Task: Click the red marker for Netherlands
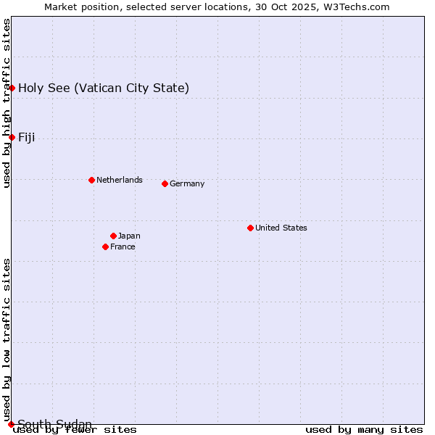coord(91,180)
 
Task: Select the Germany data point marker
coord(165,183)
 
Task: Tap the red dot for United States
coord(250,228)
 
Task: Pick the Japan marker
coord(113,236)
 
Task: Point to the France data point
coord(106,246)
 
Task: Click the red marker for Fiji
coord(12,137)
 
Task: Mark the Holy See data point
coord(12,88)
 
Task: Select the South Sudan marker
coord(11,424)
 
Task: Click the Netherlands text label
coord(120,180)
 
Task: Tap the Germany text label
coord(187,183)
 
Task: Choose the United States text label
coord(281,228)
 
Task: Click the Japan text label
coord(129,236)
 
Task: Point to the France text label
coord(123,246)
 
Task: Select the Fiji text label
coord(27,138)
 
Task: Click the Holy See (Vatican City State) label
coord(104,88)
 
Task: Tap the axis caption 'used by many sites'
coord(364,430)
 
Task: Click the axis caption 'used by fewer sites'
coord(75,430)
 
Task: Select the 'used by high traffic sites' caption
coord(7,103)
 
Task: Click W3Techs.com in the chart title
coord(355,7)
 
